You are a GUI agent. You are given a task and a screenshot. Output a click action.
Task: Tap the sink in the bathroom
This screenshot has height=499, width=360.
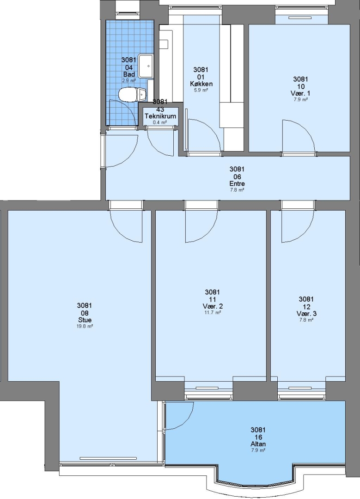pyautogui.click(x=147, y=66)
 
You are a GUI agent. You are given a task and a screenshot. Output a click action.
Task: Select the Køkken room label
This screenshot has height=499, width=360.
pyautogui.click(x=201, y=84)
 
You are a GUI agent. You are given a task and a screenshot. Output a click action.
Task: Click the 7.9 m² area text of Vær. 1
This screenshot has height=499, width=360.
pyautogui.click(x=300, y=100)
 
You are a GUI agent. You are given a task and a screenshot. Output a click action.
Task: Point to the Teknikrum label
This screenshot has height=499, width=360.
pyautogui.click(x=160, y=116)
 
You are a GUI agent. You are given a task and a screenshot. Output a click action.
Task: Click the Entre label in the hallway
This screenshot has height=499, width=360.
pyautogui.click(x=237, y=183)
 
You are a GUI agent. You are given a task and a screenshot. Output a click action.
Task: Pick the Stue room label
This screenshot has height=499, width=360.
pyautogui.click(x=85, y=320)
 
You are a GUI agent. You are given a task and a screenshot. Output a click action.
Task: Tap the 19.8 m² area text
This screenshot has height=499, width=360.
pyautogui.click(x=85, y=326)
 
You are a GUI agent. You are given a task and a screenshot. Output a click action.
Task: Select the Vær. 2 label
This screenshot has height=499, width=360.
pyautogui.click(x=213, y=306)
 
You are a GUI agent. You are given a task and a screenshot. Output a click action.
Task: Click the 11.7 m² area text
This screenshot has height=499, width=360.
pyautogui.click(x=213, y=312)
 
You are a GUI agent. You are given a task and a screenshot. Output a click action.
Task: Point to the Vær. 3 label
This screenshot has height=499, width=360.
pyautogui.click(x=306, y=313)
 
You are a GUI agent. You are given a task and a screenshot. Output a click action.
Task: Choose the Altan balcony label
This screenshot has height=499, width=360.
pyautogui.click(x=258, y=444)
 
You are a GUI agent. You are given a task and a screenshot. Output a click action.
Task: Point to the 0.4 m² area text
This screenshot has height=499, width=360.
pyautogui.click(x=160, y=122)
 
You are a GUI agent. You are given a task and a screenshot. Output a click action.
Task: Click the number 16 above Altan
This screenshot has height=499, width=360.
pyautogui.click(x=258, y=437)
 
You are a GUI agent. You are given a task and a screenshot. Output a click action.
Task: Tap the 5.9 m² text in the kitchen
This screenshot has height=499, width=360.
pyautogui.click(x=201, y=90)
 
